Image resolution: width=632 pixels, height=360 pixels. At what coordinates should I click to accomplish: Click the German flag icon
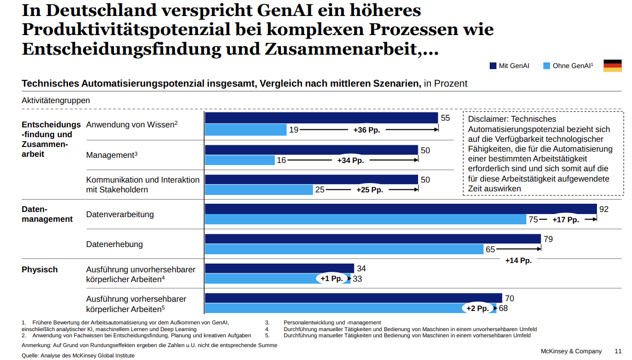[612, 66]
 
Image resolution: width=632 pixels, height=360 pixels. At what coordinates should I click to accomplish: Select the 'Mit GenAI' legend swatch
[492, 66]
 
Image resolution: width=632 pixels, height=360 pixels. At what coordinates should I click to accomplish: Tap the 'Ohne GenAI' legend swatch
[546, 66]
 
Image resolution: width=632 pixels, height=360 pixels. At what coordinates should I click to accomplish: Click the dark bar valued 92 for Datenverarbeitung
[401, 209]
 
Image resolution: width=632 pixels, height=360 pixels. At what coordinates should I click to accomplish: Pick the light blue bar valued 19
[245, 130]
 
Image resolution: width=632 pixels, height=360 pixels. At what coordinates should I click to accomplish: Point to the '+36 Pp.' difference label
[367, 130]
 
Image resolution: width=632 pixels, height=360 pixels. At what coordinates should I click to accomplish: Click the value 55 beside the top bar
[445, 118]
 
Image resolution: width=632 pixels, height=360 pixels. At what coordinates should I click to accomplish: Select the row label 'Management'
[110, 155]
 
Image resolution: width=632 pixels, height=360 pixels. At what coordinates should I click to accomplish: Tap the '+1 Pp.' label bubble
[331, 279]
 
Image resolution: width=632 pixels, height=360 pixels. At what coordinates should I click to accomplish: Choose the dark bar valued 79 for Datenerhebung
[373, 239]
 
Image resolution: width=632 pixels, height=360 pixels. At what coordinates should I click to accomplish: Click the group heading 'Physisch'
[40, 270]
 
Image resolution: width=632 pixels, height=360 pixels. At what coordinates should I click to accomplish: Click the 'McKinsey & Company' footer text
[571, 351]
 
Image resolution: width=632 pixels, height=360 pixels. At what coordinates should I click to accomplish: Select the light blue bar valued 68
[351, 308]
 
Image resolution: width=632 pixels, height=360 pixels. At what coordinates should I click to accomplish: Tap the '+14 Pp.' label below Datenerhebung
[518, 260]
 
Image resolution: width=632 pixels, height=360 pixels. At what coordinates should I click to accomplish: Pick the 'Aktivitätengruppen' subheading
[56, 101]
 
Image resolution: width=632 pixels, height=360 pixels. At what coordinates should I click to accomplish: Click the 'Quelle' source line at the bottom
[78, 355]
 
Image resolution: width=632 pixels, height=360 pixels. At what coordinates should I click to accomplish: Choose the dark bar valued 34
[279, 268]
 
